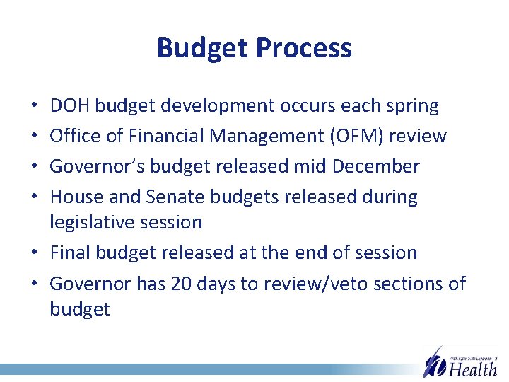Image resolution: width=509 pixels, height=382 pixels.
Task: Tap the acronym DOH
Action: (69, 106)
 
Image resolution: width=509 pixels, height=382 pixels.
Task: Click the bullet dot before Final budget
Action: (35, 253)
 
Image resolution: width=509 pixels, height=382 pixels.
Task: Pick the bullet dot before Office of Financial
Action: (35, 137)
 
